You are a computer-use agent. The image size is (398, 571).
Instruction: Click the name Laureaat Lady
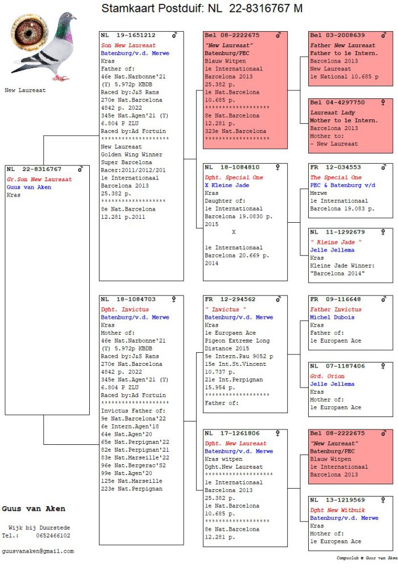pos(333,113)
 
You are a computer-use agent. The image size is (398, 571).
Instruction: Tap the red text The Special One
pos(335,178)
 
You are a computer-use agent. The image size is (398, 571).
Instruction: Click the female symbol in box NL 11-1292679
pos(383,232)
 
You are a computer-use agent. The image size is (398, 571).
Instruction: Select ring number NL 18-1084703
pos(128,299)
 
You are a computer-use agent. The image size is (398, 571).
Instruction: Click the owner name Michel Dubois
pos(332,318)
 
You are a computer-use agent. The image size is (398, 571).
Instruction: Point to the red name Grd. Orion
pos(327,377)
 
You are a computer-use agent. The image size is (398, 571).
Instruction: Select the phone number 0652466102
pos(53,536)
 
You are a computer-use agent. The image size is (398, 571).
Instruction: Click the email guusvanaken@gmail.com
pos(38,551)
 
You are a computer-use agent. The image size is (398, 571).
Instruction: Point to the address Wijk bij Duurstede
pos(39,528)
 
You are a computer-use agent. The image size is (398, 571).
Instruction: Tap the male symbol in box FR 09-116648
pos(383,299)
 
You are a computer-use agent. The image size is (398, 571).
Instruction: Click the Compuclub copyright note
pos(367,558)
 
